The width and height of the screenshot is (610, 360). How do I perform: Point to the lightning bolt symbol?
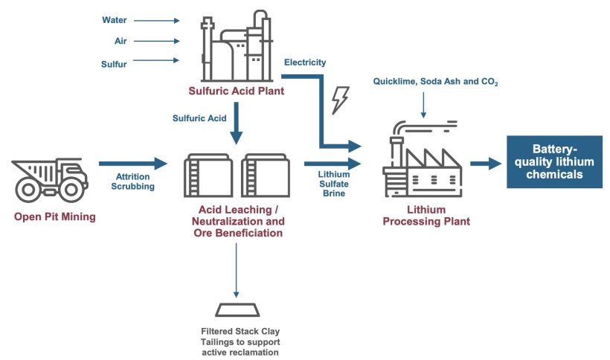(x=340, y=100)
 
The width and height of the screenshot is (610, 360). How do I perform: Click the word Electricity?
(x=306, y=62)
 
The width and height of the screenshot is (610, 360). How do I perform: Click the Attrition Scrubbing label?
(x=134, y=181)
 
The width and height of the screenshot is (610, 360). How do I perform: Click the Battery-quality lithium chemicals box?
(x=553, y=162)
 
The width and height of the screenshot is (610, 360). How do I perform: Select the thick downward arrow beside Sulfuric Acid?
(x=237, y=123)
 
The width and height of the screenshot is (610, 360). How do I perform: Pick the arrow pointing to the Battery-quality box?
(x=485, y=163)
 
